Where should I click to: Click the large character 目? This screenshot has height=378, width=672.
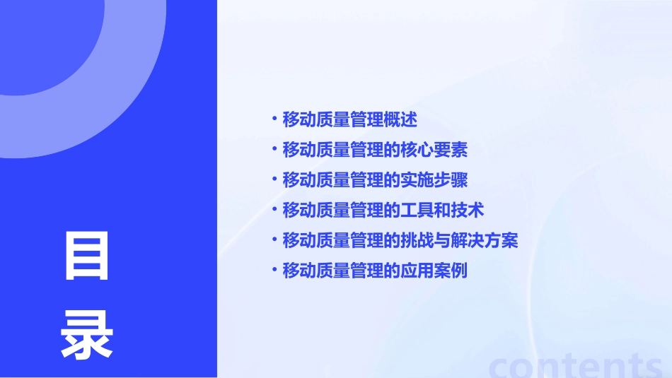(88, 256)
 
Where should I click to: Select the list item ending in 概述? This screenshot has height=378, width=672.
(349, 119)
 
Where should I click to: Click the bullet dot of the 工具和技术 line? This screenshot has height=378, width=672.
(274, 208)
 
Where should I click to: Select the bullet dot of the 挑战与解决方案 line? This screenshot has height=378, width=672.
(274, 239)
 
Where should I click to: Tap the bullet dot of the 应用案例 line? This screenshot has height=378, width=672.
(274, 269)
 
